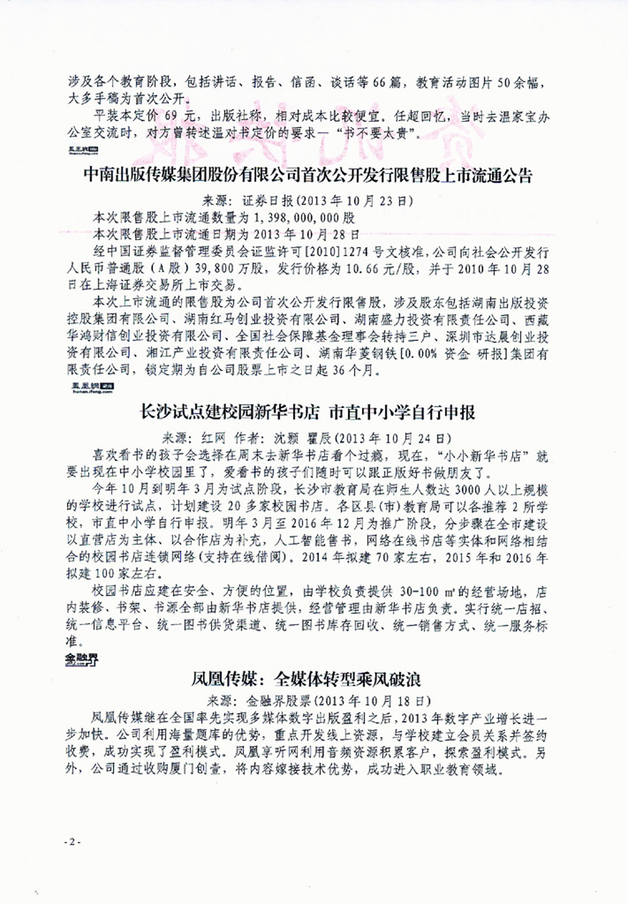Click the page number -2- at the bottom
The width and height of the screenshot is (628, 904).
(72, 842)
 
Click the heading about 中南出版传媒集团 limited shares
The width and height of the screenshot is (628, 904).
(308, 177)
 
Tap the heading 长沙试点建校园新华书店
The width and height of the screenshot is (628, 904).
(308, 412)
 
